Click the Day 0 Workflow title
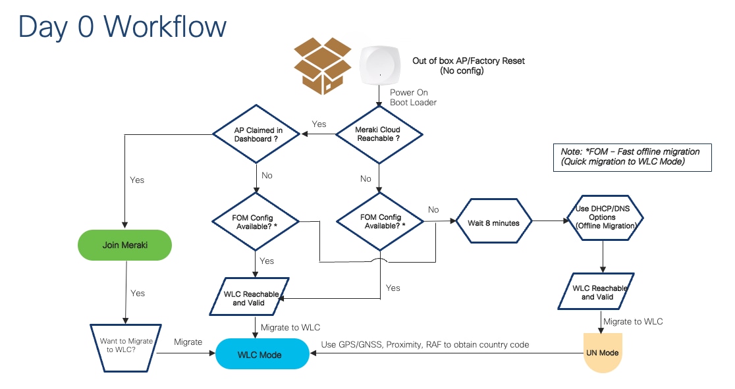point(122,27)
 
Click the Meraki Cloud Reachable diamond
point(377,134)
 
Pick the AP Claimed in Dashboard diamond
point(256,134)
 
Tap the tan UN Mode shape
point(602,353)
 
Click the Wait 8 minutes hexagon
point(493,222)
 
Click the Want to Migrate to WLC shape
point(124,345)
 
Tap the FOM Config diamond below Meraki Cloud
point(380,222)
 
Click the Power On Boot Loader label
point(413,97)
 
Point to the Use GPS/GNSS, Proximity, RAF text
point(425,345)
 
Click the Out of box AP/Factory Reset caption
point(468,66)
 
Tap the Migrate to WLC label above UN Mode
point(633,321)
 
